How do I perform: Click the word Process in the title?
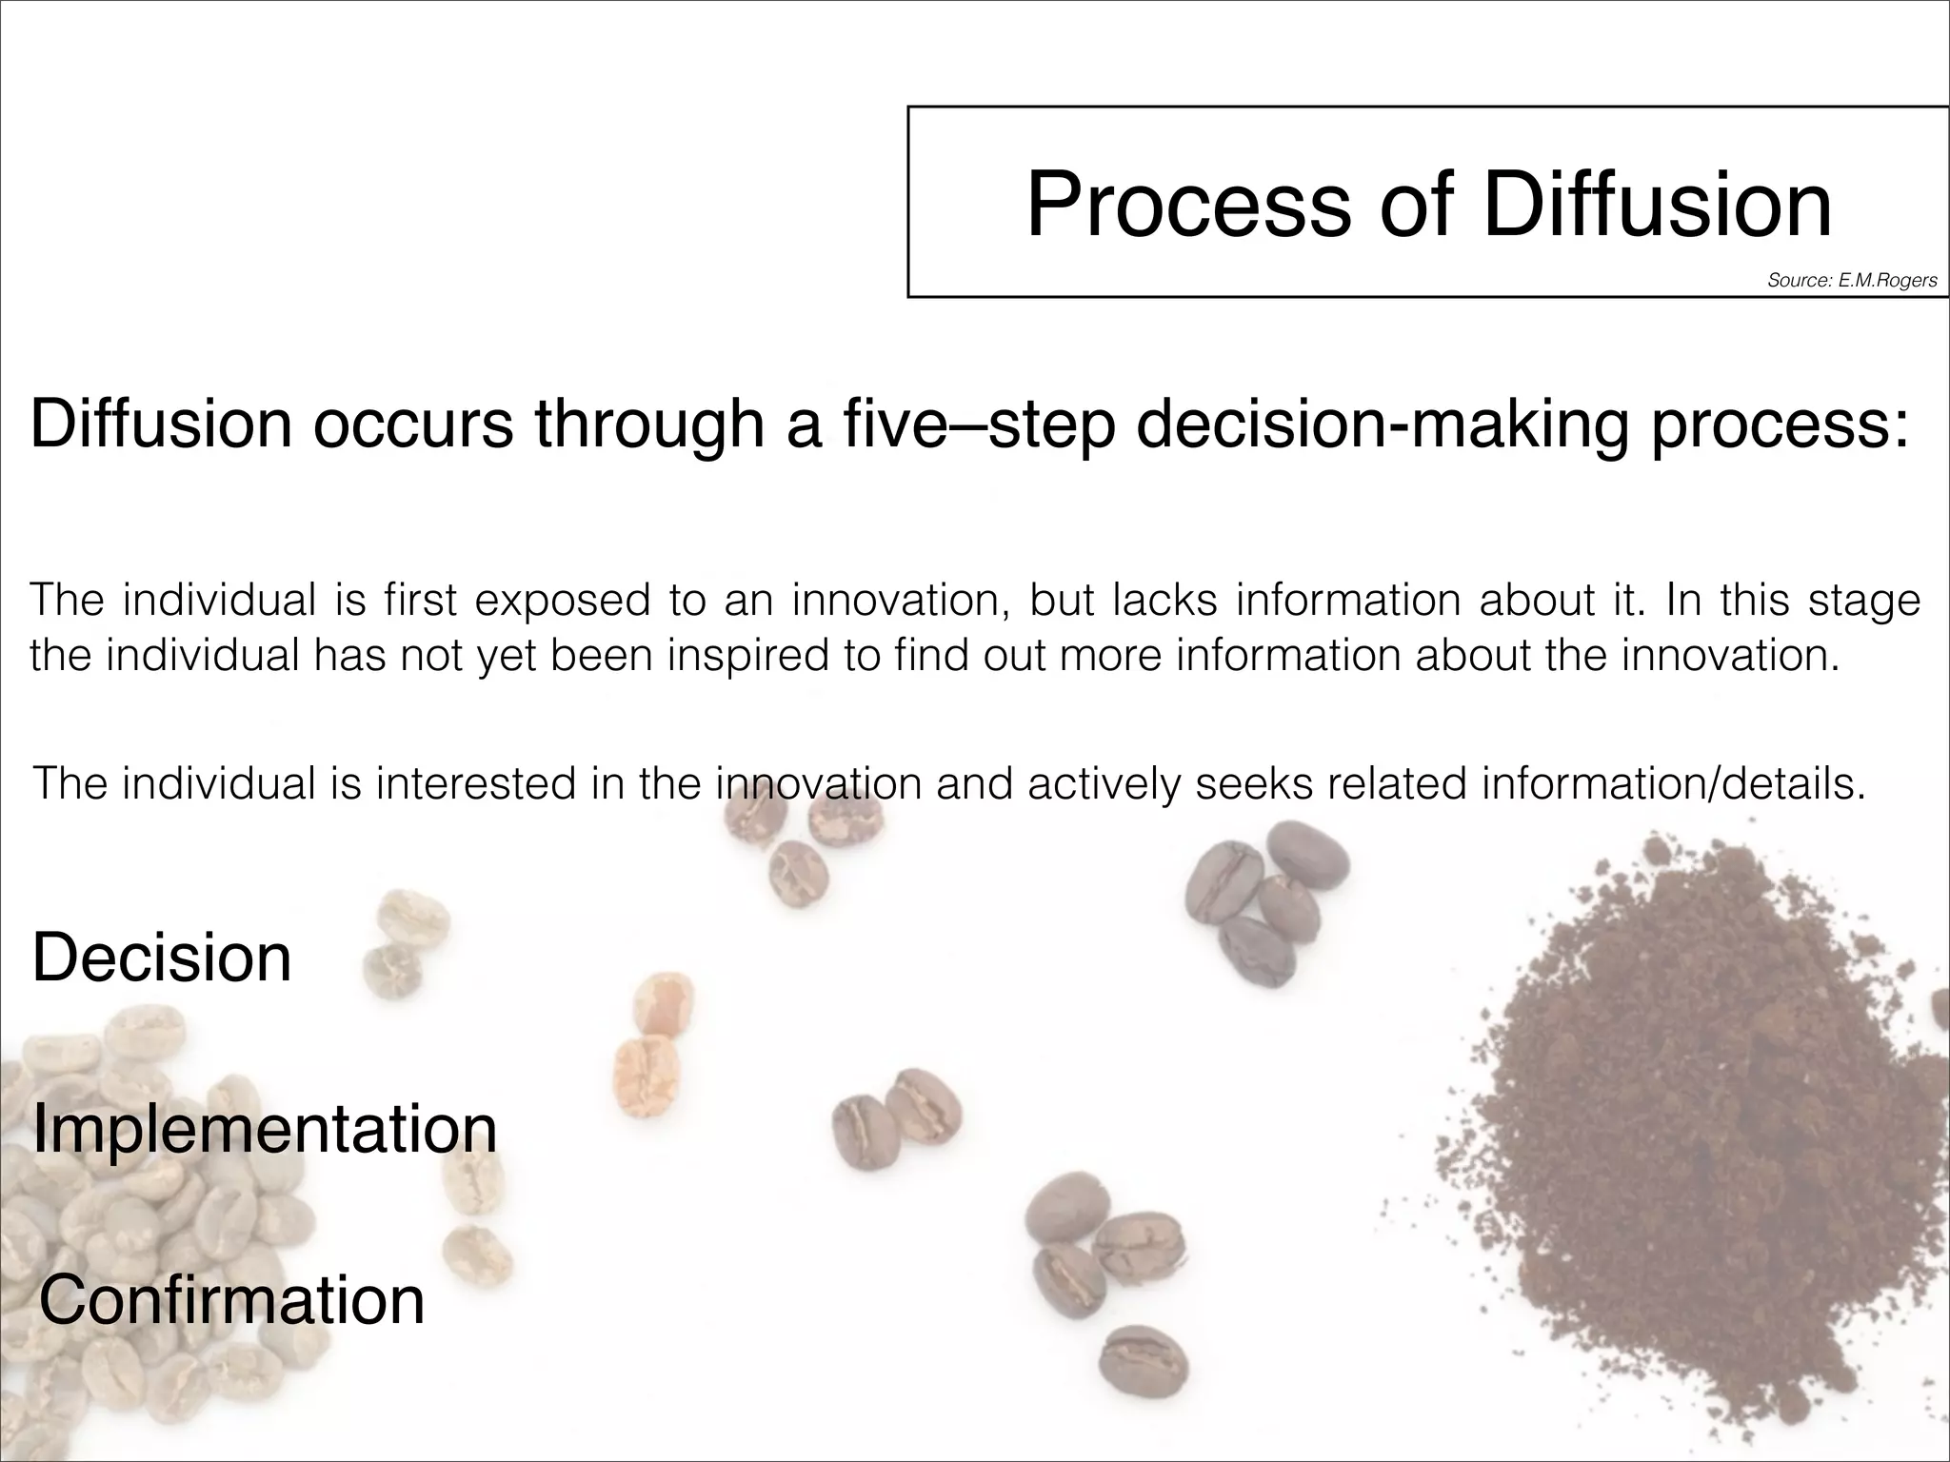point(1188,205)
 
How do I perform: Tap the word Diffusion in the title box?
point(1657,205)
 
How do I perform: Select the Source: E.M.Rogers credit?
point(1852,281)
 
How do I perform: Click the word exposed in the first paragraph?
point(562,601)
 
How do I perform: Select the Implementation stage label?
point(265,1129)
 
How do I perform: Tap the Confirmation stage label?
point(231,1300)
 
